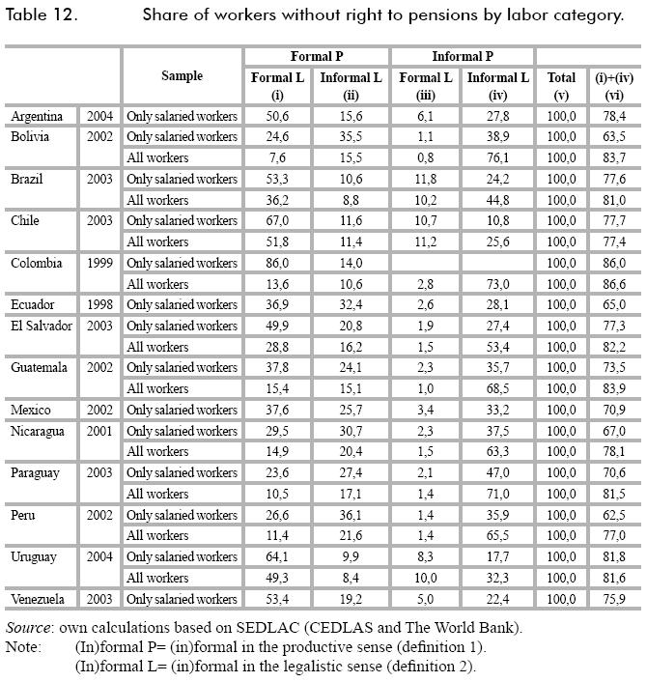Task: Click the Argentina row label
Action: click(37, 116)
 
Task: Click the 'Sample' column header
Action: click(182, 75)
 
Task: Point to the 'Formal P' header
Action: click(317, 56)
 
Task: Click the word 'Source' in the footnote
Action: click(28, 628)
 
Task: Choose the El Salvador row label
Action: click(42, 326)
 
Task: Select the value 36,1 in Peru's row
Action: click(352, 515)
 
